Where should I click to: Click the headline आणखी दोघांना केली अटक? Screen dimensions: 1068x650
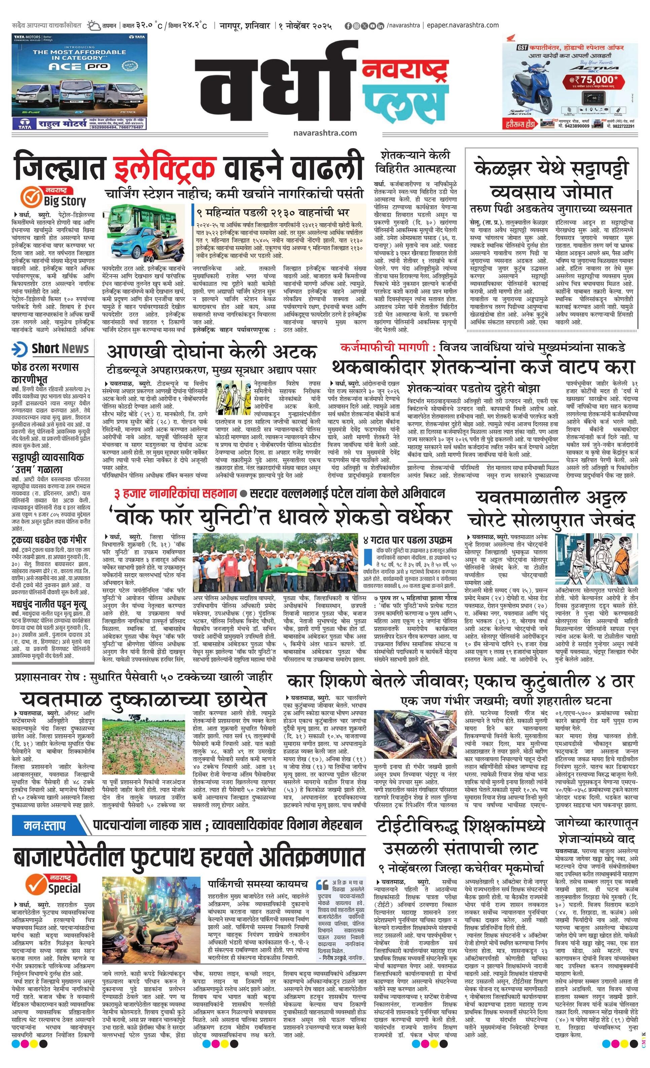[212, 352]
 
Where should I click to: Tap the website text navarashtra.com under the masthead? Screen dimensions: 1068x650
[325, 133]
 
